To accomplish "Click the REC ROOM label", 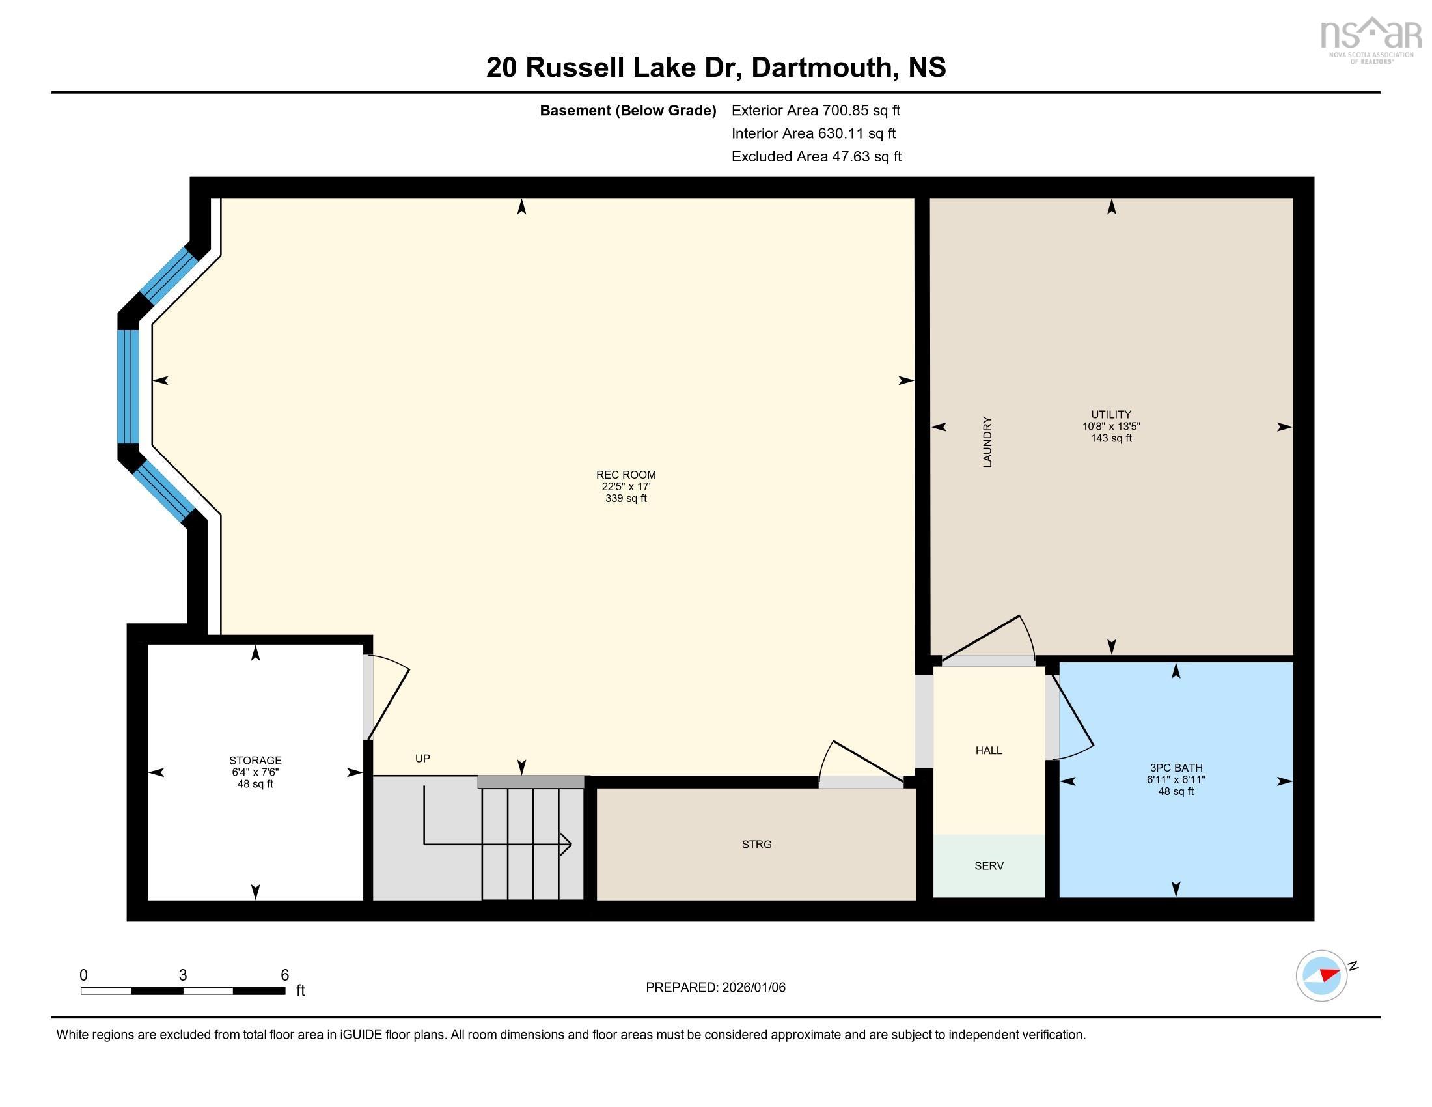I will click(626, 475).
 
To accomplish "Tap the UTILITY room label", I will click(1110, 414).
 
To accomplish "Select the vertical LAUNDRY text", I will click(987, 442).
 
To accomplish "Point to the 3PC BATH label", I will click(1176, 768).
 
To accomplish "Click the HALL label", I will click(989, 750).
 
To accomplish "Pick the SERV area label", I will click(989, 865).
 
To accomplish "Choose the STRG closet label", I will click(756, 844).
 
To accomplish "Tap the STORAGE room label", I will click(255, 761).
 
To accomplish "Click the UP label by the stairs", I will click(422, 759).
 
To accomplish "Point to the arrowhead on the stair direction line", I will click(566, 844).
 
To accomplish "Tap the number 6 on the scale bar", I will click(284, 975).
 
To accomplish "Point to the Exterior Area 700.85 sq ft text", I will click(816, 111).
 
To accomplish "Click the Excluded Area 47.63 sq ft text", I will click(816, 157).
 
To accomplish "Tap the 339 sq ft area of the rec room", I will click(626, 498).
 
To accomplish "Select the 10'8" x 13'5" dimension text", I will click(1110, 427).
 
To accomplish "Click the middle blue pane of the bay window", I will click(128, 387).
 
